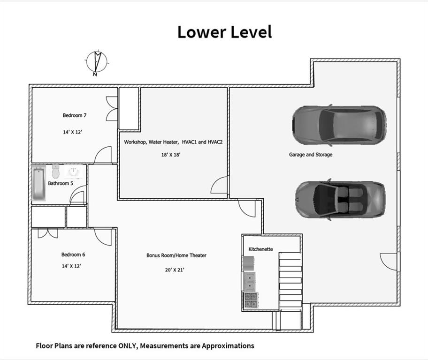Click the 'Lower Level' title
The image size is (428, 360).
(225, 32)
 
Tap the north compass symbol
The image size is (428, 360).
(97, 63)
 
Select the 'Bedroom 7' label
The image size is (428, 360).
(75, 115)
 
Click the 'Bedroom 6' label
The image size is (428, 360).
(73, 255)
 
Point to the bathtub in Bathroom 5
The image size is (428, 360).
(38, 183)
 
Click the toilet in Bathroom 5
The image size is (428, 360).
(56, 172)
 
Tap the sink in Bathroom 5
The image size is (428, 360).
(73, 172)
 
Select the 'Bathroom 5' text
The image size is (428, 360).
(61, 183)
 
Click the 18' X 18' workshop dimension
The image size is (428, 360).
(171, 155)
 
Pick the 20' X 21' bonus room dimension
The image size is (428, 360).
(175, 270)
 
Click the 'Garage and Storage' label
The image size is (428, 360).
(311, 154)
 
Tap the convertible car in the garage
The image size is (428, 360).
(340, 199)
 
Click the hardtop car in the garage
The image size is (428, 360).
(339, 125)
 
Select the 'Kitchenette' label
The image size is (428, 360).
(260, 249)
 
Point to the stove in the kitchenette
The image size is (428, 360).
(251, 300)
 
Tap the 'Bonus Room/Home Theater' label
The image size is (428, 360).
(176, 255)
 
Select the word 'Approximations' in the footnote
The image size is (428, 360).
(228, 346)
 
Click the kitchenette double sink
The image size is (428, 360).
(250, 281)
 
